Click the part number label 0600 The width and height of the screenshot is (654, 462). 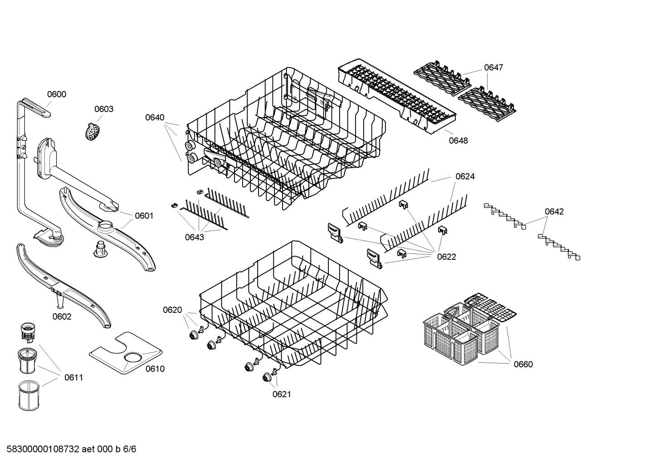coord(57,94)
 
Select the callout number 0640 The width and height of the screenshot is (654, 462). coord(155,117)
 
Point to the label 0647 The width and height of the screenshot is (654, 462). coord(493,68)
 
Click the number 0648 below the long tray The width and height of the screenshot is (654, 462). coord(458,141)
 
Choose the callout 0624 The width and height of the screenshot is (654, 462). coord(465,176)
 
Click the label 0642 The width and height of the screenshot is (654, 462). coord(554,211)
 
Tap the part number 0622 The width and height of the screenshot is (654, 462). coord(446,257)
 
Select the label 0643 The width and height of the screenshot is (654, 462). coord(194,237)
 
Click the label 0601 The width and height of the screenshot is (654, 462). coord(144,216)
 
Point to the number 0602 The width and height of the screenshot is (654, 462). coord(62,316)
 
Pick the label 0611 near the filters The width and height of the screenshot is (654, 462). coord(73,377)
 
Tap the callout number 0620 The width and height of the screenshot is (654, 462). coord(172,310)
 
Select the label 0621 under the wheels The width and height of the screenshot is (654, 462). coord(281,394)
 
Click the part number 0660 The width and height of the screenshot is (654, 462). coord(523,364)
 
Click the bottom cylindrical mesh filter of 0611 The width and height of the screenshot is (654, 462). coord(30,395)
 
